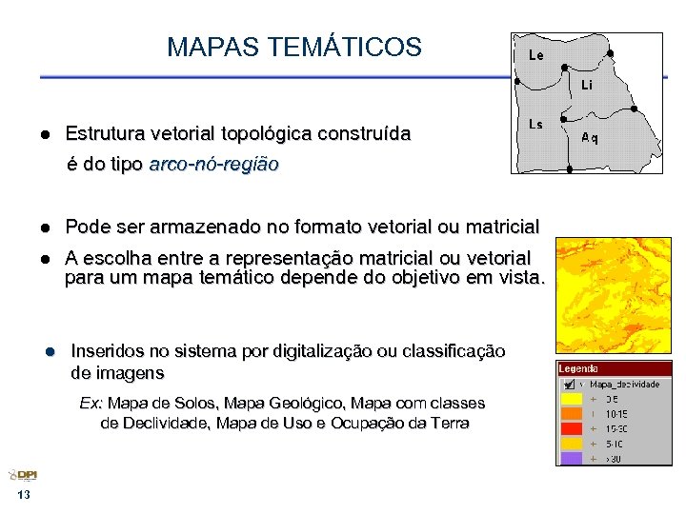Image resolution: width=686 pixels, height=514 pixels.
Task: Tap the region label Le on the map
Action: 536,55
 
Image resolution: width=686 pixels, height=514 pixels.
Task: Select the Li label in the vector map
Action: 588,85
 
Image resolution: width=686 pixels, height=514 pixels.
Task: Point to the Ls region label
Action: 535,125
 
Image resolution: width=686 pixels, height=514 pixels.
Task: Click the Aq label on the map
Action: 590,137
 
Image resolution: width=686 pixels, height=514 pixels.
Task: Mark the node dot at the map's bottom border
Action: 569,170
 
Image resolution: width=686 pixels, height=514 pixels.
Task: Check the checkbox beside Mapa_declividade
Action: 568,384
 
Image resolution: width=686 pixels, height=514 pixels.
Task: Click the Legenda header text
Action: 578,368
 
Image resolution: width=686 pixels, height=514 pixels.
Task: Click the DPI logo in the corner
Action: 23,476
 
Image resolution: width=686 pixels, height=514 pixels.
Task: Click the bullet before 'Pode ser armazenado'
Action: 44,227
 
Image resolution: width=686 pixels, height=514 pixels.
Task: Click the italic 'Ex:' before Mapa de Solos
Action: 91,404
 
